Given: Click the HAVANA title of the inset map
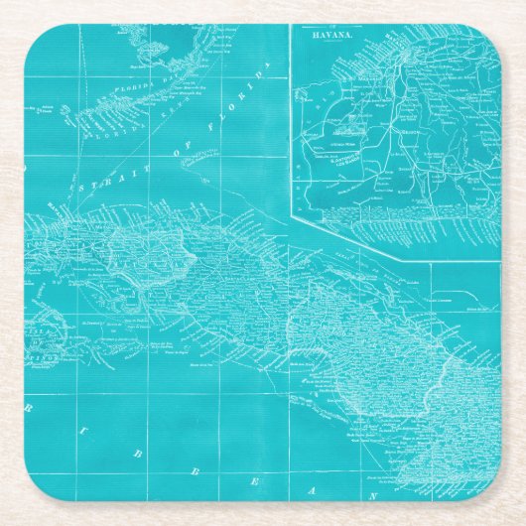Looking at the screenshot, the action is click(x=332, y=33).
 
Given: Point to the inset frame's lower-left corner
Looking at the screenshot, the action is click(x=292, y=211).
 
